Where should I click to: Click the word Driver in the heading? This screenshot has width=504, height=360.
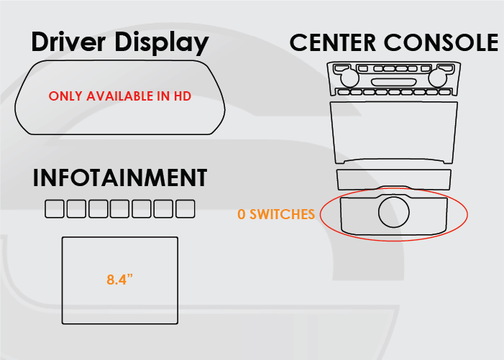(x=68, y=42)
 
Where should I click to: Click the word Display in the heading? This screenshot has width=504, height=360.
(x=162, y=43)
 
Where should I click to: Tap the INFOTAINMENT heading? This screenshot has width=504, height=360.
(x=120, y=177)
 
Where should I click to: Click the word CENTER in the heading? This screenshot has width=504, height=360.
(x=333, y=42)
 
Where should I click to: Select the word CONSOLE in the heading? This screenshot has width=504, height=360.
(x=441, y=42)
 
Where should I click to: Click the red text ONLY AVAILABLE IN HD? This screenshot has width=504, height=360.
(x=120, y=96)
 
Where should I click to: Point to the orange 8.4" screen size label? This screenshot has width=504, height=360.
(x=119, y=280)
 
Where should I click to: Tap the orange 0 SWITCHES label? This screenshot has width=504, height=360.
(x=276, y=214)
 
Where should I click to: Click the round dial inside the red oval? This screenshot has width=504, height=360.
(x=394, y=212)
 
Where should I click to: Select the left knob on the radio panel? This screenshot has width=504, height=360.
(x=349, y=78)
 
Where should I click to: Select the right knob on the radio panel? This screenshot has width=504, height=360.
(x=437, y=78)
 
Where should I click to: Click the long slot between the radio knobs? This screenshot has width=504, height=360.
(x=393, y=82)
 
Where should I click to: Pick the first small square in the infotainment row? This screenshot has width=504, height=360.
(x=55, y=208)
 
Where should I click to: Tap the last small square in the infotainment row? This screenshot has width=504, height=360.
(x=185, y=208)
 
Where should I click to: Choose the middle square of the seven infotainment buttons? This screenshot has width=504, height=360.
(x=119, y=208)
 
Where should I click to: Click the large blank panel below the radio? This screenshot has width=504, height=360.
(x=394, y=131)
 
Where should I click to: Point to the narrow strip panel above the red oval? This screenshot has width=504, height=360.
(x=394, y=179)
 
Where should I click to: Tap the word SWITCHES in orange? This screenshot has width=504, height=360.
(x=283, y=214)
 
